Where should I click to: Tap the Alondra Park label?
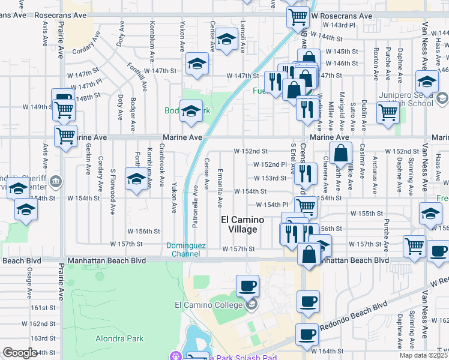(119, 338)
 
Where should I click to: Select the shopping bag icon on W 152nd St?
(340, 153)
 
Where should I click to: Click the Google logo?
(20, 353)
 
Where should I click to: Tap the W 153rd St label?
(270, 178)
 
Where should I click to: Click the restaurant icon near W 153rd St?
(306, 173)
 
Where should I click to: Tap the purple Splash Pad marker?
(175, 356)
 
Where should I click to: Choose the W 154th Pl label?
(277, 205)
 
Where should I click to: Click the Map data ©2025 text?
(423, 355)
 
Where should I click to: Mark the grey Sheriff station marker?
(55, 180)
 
